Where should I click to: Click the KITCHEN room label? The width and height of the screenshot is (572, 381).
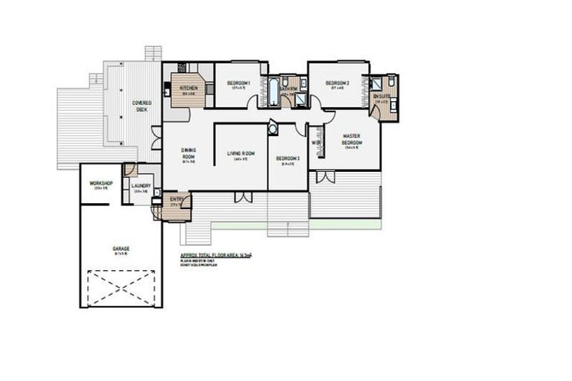coord(188,89)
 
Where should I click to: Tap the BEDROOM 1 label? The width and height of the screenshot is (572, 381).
coord(238,82)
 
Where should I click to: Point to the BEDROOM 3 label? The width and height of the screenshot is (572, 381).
coord(287,158)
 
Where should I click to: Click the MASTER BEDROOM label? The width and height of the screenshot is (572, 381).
coord(352,139)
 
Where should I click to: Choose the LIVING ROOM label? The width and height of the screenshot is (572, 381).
coord(241,153)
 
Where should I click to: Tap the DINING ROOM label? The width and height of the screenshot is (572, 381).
coord(188,153)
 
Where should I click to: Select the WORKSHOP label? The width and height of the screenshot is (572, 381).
coord(101,183)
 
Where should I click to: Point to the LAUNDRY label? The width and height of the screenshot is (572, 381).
coord(141,186)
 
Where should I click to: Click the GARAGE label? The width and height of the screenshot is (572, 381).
coord(121,249)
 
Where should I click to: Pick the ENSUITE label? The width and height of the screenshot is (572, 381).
coord(381,96)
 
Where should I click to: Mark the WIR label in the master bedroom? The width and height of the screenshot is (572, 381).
coord(316,142)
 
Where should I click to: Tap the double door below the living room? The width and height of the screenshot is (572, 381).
coord(242,197)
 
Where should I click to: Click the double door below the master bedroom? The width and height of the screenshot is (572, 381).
coord(325,177)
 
